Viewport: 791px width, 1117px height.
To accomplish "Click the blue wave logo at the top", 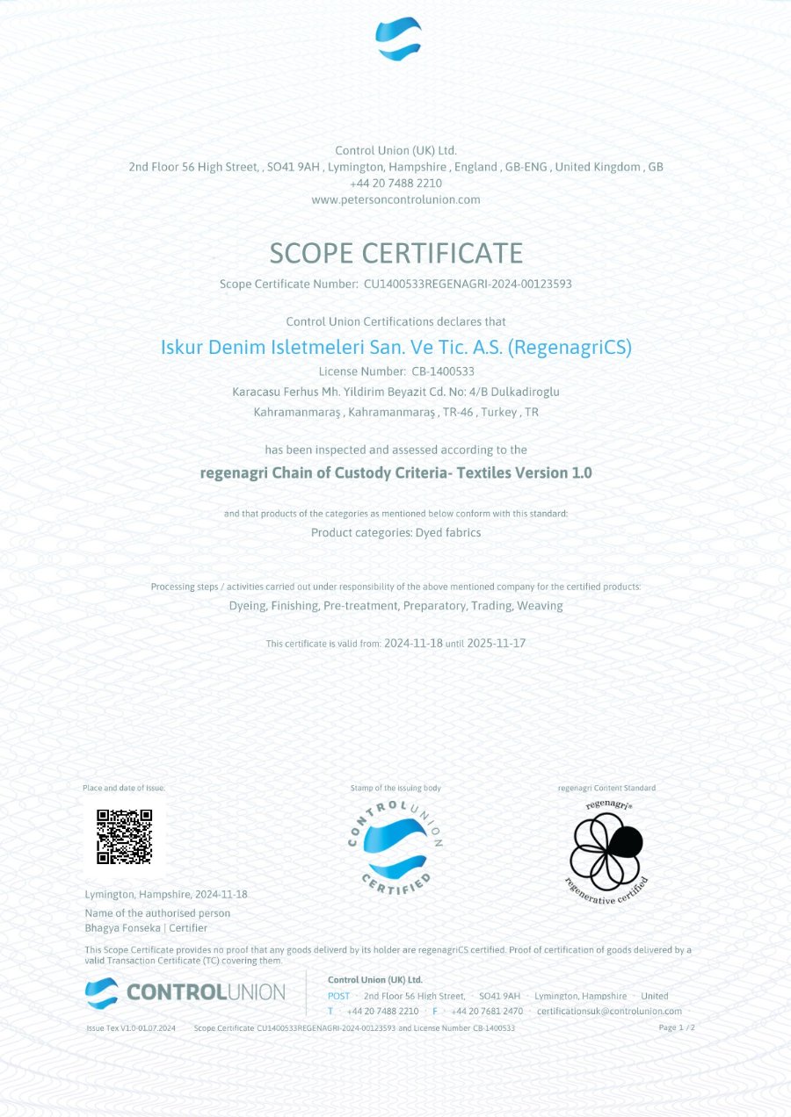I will [398, 40].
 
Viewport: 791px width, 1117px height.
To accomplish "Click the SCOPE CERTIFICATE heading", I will [395, 253].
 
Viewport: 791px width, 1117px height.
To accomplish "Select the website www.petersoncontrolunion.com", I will [395, 199].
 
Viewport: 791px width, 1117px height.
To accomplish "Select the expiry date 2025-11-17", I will [497, 643].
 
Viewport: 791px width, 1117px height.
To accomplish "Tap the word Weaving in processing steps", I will [540, 606].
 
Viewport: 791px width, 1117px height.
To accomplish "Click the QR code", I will [124, 837].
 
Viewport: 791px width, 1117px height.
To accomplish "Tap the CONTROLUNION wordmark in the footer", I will [206, 992].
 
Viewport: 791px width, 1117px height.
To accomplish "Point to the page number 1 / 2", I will [677, 1027].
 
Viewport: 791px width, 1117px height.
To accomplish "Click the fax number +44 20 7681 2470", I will [487, 1011].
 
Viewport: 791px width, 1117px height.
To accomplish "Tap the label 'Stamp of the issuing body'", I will [395, 788].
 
